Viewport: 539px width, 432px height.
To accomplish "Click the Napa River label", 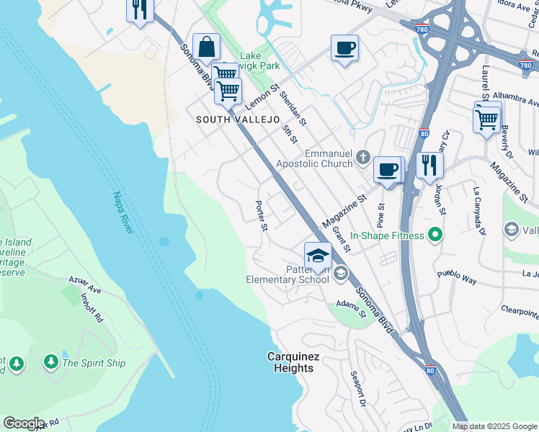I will [122, 212].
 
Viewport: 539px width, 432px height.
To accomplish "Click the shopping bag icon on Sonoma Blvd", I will [206, 47].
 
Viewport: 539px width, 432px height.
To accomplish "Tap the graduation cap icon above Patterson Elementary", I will [318, 254].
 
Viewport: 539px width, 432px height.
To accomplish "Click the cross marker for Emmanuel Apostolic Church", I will [362, 157].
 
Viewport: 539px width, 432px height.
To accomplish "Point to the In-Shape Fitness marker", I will [434, 235].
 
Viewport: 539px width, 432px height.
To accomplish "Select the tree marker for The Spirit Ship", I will [50, 361].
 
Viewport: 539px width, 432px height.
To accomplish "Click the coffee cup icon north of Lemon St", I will [344, 48].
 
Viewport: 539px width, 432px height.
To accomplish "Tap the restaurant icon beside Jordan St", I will [429, 165].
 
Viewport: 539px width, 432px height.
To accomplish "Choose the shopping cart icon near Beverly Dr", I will [487, 118].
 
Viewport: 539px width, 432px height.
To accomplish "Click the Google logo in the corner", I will [24, 423].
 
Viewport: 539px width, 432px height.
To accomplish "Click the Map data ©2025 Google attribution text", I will [494, 426].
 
